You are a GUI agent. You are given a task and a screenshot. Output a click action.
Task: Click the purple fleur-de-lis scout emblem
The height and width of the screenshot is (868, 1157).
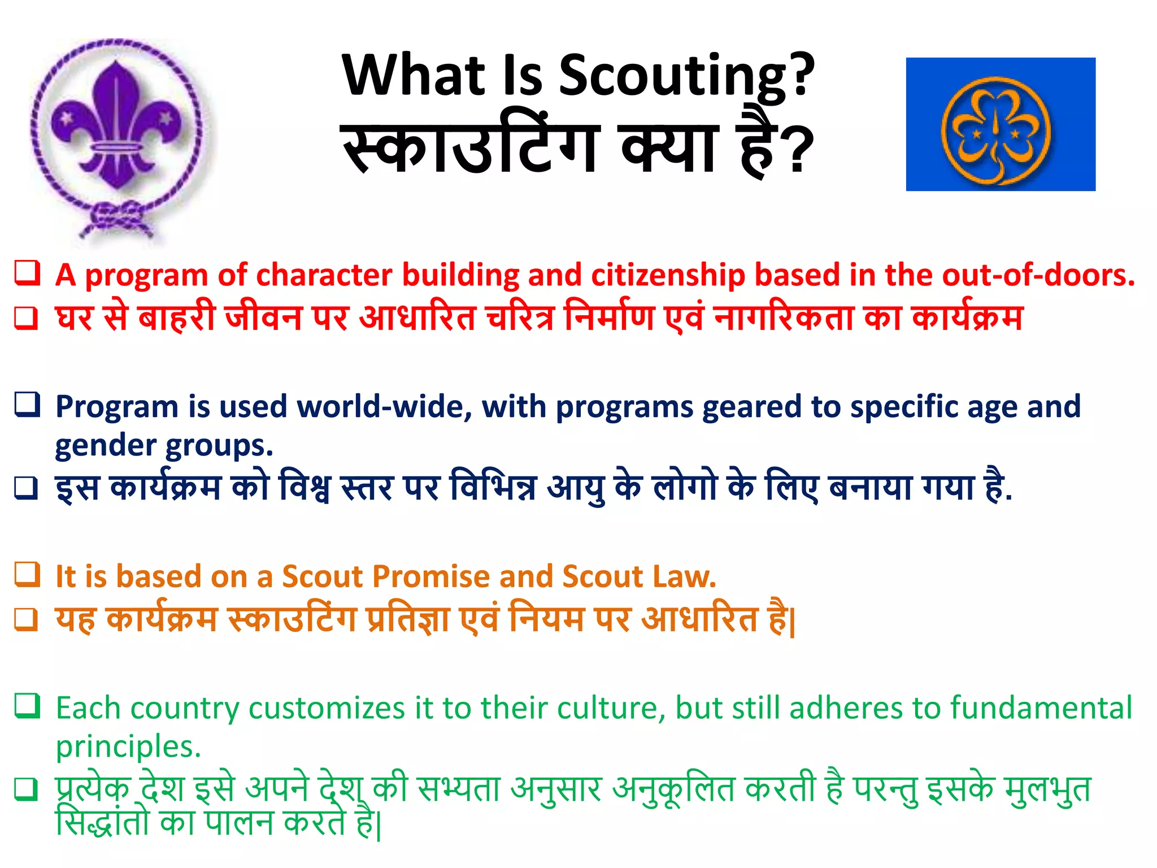pyautogui.click(x=117, y=127)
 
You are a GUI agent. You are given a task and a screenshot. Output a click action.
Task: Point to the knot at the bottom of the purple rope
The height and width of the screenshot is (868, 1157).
pyautogui.click(x=118, y=218)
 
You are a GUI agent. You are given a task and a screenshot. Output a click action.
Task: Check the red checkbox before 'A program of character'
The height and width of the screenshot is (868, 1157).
pyautogui.click(x=27, y=273)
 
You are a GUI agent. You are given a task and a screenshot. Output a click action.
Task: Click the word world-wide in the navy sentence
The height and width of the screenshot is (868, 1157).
pyautogui.click(x=385, y=407)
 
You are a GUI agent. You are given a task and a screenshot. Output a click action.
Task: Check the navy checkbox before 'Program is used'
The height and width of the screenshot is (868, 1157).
pyautogui.click(x=27, y=405)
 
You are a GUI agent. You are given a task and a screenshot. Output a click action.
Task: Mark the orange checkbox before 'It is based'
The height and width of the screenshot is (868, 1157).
pyautogui.click(x=27, y=575)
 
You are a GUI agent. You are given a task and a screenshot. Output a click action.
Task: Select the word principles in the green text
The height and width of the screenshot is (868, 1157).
pyautogui.click(x=128, y=747)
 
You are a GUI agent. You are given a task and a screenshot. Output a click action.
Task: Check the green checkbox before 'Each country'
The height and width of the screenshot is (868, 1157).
pyautogui.click(x=27, y=706)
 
